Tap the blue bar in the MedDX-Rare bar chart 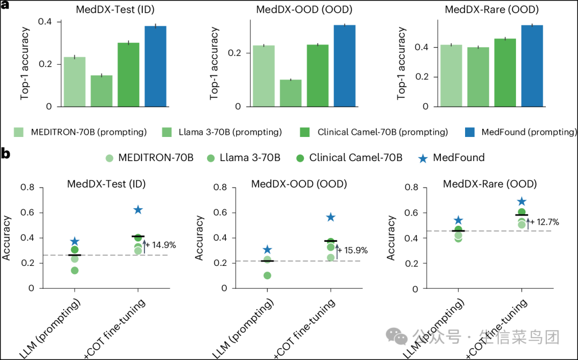pos(532,66)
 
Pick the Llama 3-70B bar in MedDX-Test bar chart pos(102,90)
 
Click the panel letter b pos(6,154)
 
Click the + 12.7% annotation pos(545,221)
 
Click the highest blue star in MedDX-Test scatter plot pos(138,210)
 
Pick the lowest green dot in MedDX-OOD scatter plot pos(267,275)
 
